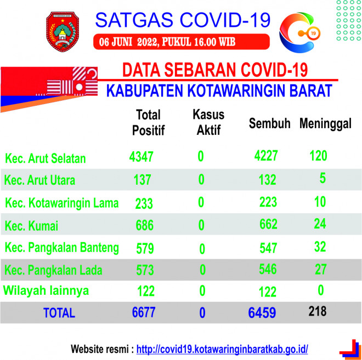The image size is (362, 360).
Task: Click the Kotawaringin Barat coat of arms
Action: point(63,31)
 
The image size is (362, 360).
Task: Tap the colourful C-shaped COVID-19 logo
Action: point(299,32)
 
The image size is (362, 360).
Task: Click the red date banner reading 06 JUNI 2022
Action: point(182,42)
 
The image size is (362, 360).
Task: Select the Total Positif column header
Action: point(148,122)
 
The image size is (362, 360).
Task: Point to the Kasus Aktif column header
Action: point(208,122)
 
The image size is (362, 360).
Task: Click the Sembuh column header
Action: point(269,123)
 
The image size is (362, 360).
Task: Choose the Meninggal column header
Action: point(325,124)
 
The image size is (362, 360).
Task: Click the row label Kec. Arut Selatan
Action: point(45,158)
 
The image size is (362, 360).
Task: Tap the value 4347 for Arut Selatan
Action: point(141,157)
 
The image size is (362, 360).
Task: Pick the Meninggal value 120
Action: point(318,156)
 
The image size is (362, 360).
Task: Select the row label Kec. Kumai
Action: point(31,226)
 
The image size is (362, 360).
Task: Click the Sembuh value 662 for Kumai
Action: point(268,224)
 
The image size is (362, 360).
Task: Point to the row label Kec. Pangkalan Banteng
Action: point(62,248)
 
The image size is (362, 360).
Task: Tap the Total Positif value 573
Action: point(145,270)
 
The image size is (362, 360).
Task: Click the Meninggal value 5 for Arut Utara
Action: point(323,178)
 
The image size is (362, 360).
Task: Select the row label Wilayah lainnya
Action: point(46,290)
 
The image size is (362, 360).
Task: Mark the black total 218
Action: point(318,311)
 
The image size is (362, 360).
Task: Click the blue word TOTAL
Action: point(59,313)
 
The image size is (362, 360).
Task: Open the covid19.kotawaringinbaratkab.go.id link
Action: point(222,349)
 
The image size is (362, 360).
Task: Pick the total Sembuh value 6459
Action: point(262,313)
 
